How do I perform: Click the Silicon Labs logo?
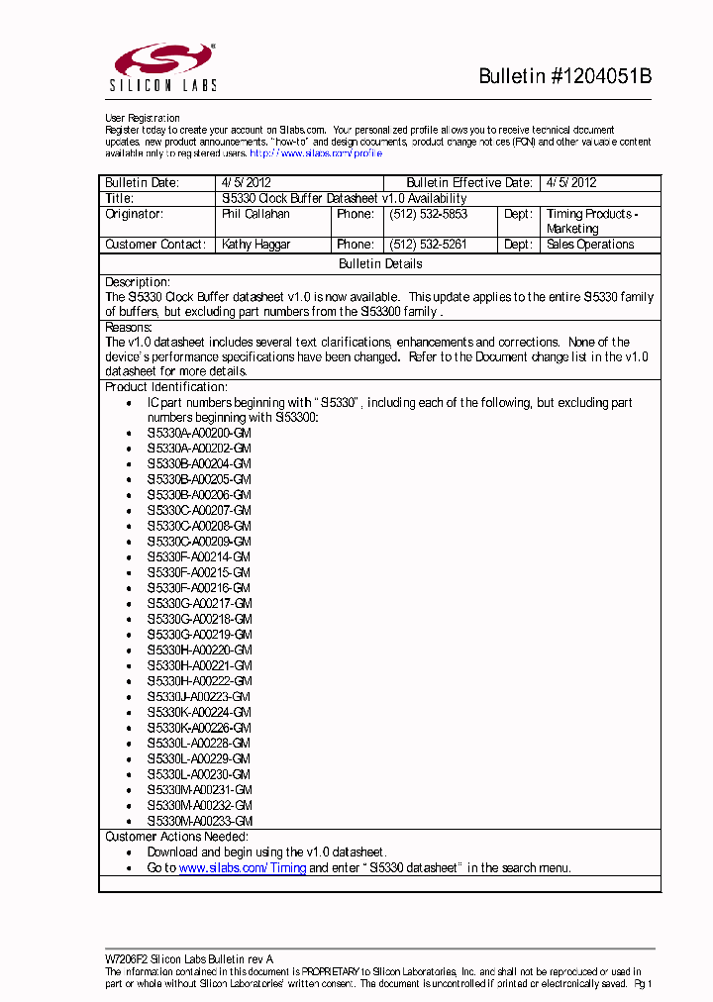[164, 68]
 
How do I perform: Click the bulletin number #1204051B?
[564, 77]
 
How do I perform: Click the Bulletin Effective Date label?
[469, 183]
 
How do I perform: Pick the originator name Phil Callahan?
[255, 214]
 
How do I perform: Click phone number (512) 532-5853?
[428, 214]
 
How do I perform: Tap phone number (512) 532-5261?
[428, 245]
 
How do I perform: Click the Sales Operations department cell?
[590, 245]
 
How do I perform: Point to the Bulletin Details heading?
[380, 264]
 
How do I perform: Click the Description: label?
[138, 282]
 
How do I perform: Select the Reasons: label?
[129, 327]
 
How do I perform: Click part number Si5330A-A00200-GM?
[199, 434]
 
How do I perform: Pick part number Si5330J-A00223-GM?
[199, 697]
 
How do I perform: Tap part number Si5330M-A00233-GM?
[200, 821]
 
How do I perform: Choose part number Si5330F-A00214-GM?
[199, 557]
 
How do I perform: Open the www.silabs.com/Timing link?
[242, 867]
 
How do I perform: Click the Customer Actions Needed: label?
[176, 837]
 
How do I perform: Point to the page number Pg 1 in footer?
[643, 984]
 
